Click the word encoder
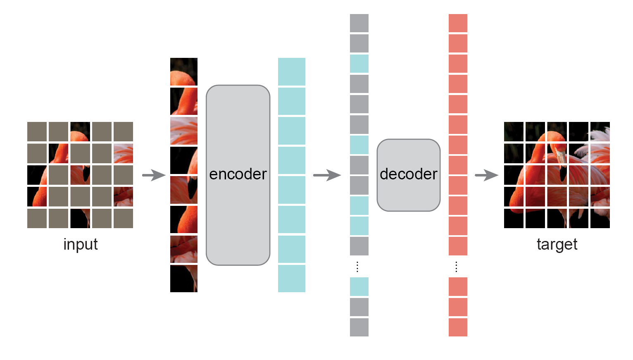(x=238, y=174)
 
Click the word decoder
(x=408, y=174)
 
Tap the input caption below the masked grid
(x=81, y=244)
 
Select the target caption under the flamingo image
(x=557, y=244)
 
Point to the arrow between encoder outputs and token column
(x=326, y=175)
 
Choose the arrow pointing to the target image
(x=486, y=175)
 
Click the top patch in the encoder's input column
(x=184, y=72)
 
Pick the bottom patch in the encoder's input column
(x=184, y=279)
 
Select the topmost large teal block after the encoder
(x=291, y=72)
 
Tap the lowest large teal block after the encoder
(x=291, y=279)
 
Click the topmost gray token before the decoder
(x=359, y=23)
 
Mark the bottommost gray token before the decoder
(x=359, y=327)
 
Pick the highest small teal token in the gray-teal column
(x=359, y=64)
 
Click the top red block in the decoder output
(x=458, y=23)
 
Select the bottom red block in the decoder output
(x=458, y=327)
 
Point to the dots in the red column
(x=456, y=267)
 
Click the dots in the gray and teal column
(x=357, y=267)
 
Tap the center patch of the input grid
(x=80, y=175)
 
